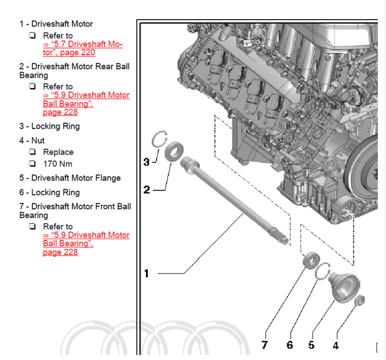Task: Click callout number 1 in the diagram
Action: pos(146,274)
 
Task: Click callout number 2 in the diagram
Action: pos(146,190)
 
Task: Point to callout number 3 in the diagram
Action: pos(146,162)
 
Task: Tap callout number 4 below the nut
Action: pos(336,345)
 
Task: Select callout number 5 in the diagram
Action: pos(312,345)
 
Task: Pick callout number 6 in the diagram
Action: pos(289,345)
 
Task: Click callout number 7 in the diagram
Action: pos(265,345)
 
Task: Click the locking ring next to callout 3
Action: pos(158,140)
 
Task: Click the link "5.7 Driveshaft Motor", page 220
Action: pos(83,48)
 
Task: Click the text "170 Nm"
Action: pos(57,164)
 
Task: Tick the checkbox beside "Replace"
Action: pos(32,152)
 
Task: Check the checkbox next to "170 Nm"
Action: pos(32,164)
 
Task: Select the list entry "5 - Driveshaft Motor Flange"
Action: pos(70,178)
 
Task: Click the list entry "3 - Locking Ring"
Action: pos(49,126)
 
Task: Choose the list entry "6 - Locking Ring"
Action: pos(49,192)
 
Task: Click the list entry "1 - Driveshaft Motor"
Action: pos(56,24)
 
